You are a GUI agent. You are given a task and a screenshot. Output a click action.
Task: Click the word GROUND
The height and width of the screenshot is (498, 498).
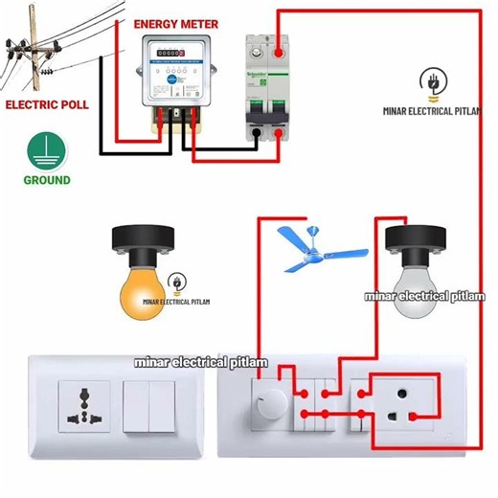click(x=47, y=180)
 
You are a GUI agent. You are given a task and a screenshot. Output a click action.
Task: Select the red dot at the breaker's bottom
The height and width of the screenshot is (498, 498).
click(x=279, y=136)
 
